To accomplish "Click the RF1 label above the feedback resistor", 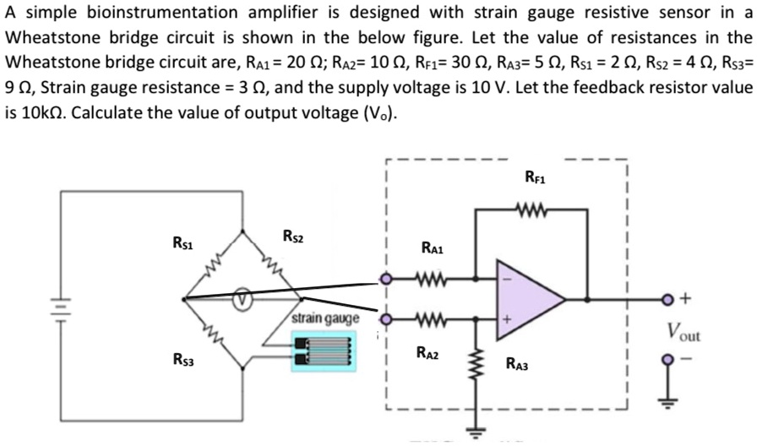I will (x=534, y=177).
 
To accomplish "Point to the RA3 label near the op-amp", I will (x=517, y=365).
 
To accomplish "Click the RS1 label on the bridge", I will (x=182, y=244).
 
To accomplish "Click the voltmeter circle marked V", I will (x=243, y=299).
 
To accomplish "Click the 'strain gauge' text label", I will (x=325, y=318).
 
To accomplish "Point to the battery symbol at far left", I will (x=60, y=303).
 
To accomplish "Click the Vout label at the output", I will (x=684, y=332).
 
